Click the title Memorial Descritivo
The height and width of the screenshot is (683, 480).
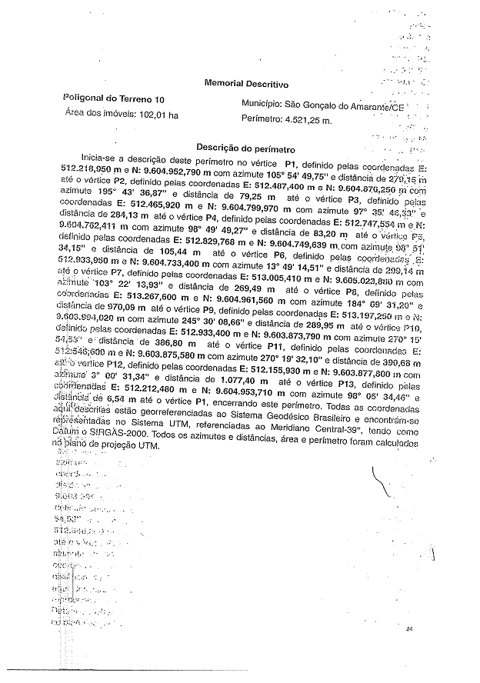tap(246, 83)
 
